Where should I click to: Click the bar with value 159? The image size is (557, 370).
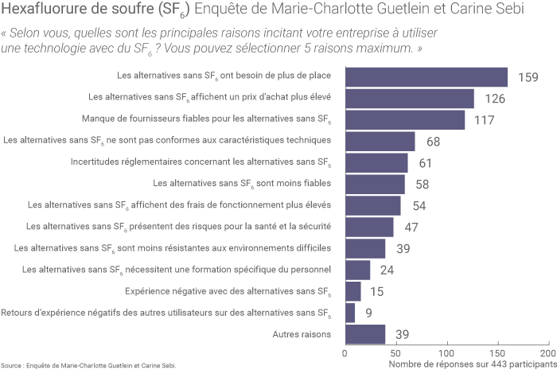tap(426, 77)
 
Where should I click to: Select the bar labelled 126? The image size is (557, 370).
tap(409, 99)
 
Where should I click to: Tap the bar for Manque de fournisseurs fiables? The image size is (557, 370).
tap(404, 120)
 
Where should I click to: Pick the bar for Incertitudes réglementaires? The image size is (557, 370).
tap(376, 163)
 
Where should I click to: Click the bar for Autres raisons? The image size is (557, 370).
tap(364, 334)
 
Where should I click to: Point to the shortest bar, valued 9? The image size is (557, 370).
tap(349, 313)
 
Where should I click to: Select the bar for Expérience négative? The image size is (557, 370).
tap(353, 291)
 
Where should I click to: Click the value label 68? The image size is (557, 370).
tap(433, 142)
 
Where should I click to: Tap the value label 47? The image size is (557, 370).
tap(411, 228)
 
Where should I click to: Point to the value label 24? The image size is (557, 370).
tap(388, 271)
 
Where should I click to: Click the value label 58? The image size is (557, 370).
tap(423, 185)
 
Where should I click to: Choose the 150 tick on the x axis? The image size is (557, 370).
tap(497, 352)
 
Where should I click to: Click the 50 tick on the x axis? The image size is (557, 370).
tap(395, 352)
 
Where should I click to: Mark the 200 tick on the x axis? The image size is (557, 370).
tap(547, 352)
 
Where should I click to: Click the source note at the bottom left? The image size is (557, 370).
tap(88, 365)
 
